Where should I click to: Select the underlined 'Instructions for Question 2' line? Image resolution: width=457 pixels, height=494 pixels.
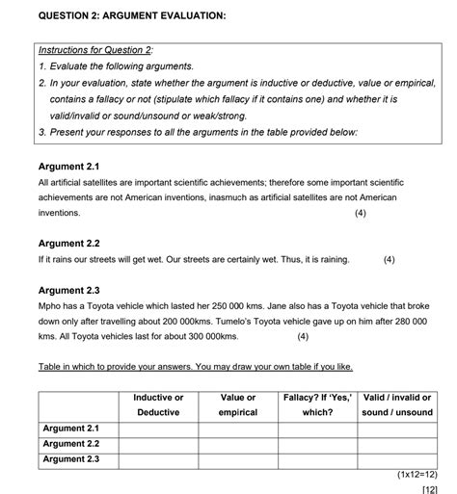coord(95,49)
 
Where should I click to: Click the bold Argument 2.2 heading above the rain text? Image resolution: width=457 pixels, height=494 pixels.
coord(68,244)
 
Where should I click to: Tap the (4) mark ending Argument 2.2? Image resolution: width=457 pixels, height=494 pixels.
coord(389,259)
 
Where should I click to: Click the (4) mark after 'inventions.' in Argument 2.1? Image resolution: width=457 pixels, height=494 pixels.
coord(360,213)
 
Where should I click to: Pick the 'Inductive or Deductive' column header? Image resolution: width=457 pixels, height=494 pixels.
coord(158,404)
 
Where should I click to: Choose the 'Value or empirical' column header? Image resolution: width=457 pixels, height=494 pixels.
coord(237,404)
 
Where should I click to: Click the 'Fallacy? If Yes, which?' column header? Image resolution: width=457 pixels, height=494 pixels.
coord(316,404)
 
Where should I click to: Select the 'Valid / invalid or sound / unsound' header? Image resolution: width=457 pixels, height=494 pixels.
coord(396,404)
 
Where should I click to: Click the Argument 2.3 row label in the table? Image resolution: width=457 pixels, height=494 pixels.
coord(71,459)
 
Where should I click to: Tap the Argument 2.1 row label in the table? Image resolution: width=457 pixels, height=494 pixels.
coord(71,428)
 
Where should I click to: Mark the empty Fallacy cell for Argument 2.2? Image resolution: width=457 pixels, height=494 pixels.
coord(316,444)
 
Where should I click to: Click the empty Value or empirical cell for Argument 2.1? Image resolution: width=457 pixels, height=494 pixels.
coord(237,428)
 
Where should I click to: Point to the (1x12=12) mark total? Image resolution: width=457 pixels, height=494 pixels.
coord(417,475)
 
